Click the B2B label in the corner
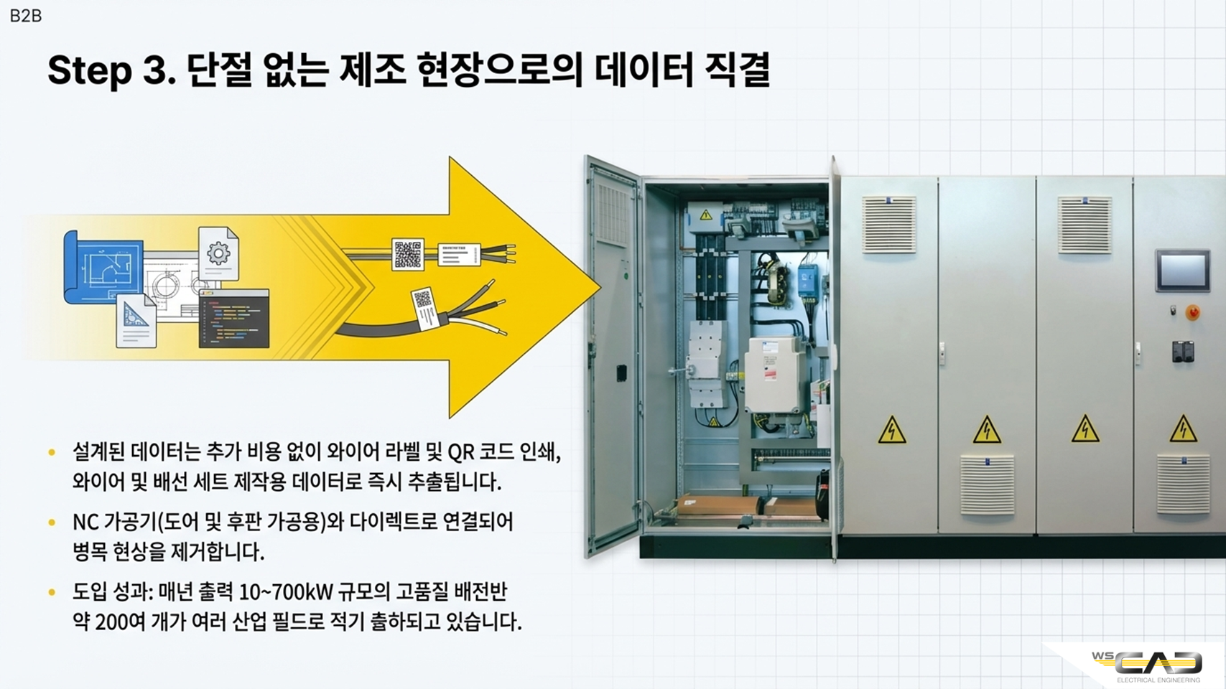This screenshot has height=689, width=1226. point(26,16)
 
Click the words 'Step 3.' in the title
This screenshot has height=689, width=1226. point(111,71)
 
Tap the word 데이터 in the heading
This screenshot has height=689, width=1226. point(644,70)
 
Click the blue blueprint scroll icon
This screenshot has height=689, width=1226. point(103,266)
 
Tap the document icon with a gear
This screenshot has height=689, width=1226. point(218,254)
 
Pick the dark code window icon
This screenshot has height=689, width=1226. point(234,319)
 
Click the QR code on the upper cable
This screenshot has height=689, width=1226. point(408,254)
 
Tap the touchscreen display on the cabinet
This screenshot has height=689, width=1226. point(1182,270)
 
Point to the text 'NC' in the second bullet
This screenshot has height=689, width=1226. point(85,522)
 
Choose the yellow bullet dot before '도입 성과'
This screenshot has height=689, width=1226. point(52,591)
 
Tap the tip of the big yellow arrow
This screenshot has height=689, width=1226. point(600,286)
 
